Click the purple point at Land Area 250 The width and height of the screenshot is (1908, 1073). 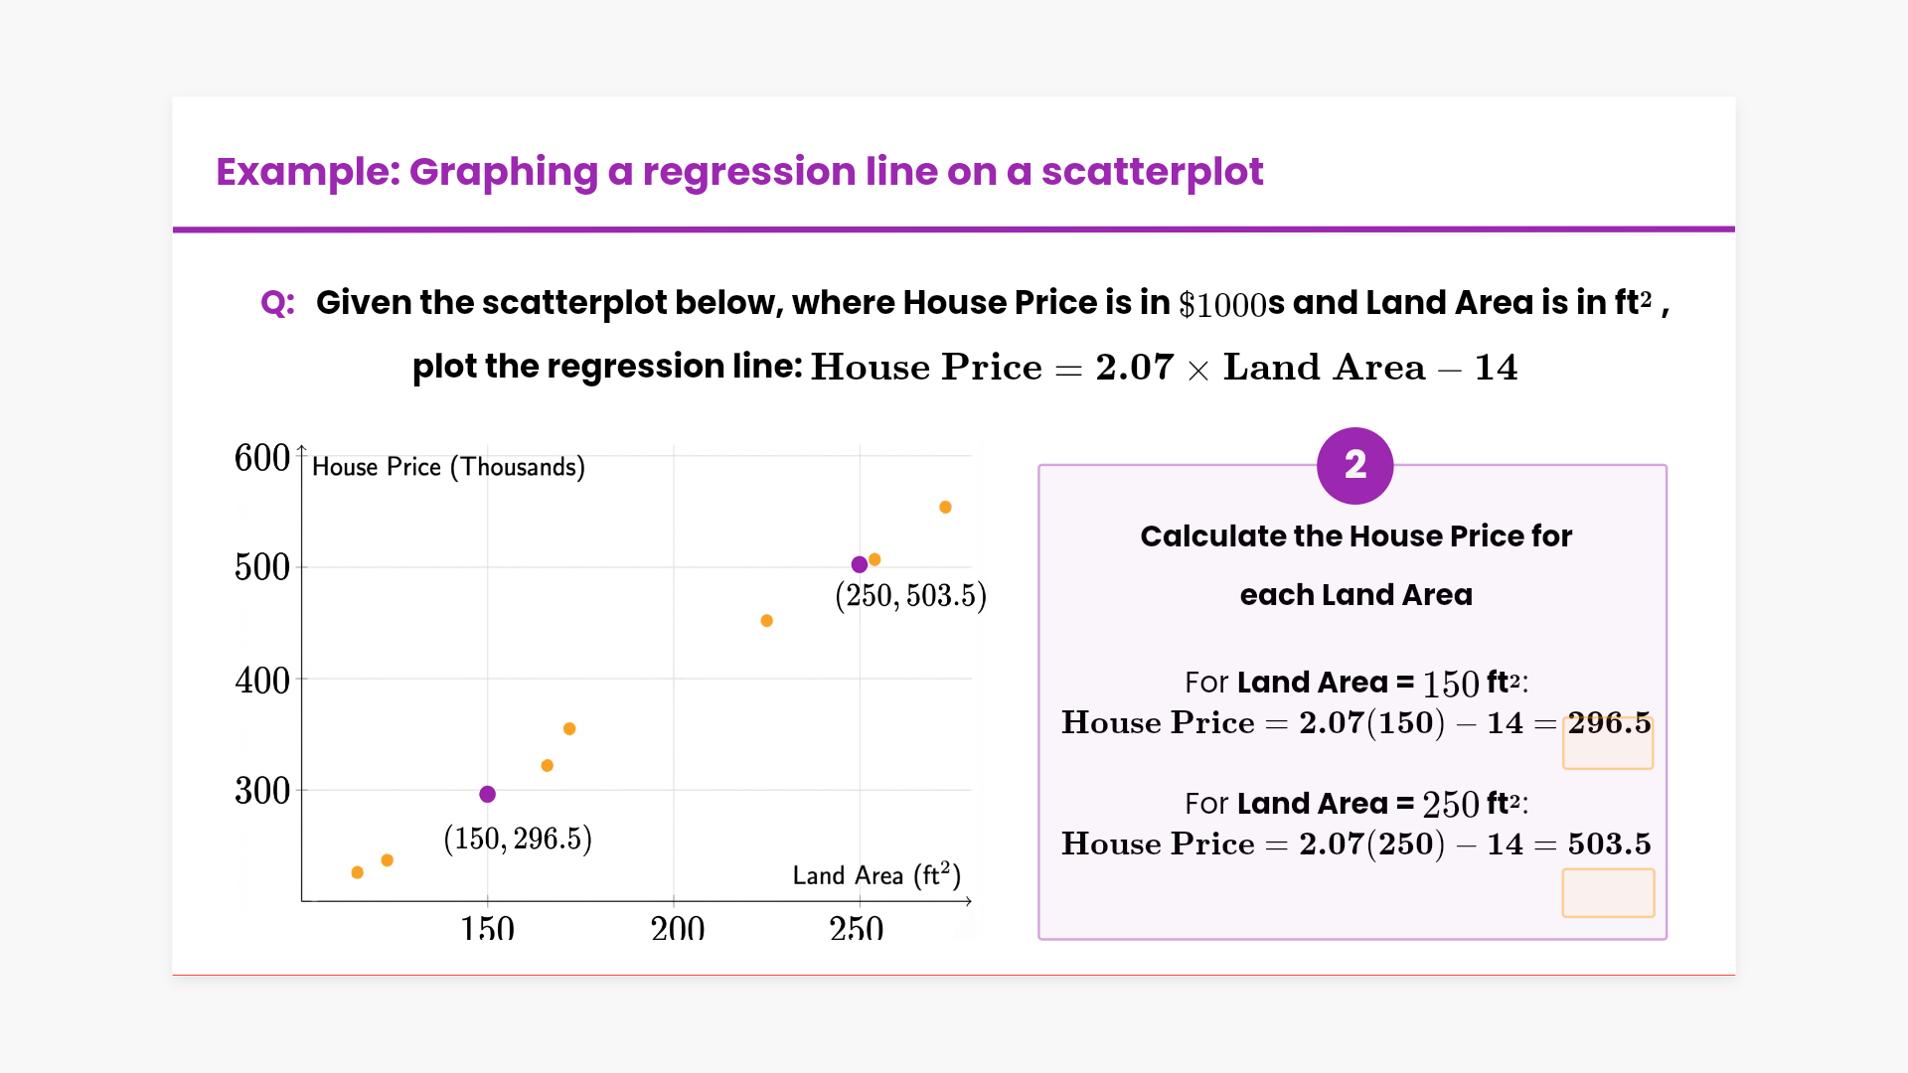860,564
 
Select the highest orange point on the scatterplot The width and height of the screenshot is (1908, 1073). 945,508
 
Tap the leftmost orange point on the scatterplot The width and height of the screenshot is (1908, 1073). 358,872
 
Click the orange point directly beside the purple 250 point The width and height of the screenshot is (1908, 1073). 874,559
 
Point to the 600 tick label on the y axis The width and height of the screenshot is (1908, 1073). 262,458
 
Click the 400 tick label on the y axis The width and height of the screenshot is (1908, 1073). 262,681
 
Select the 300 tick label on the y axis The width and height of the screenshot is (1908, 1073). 262,791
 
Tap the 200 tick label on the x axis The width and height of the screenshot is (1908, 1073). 678,929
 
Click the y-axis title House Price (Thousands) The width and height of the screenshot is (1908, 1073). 448,467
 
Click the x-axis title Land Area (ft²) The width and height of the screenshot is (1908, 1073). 876,875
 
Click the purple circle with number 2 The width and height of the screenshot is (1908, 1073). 1354,465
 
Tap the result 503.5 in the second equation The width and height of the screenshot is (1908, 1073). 1609,843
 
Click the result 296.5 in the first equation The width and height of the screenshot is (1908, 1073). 1609,723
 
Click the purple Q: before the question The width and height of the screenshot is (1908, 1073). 277,302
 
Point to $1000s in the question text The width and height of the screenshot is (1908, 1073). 1231,304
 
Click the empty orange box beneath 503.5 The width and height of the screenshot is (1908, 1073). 1608,892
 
